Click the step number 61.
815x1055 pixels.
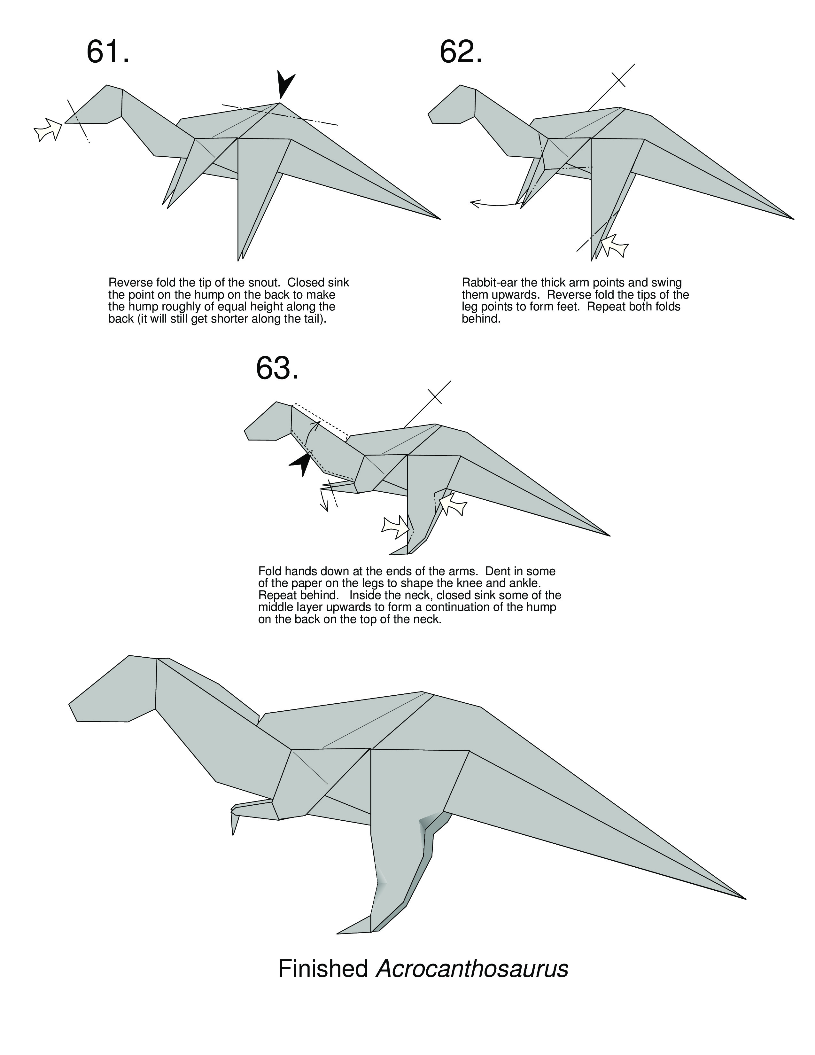pos(108,52)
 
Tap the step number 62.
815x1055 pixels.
pos(461,52)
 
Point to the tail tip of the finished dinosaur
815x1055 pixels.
pos(745,898)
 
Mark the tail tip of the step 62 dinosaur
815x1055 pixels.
pos(793,219)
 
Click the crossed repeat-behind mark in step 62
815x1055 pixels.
pos(618,80)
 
